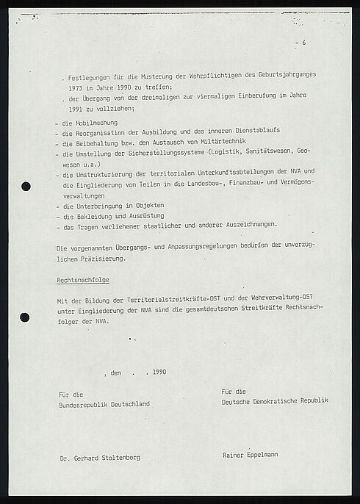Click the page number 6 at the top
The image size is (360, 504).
click(304, 43)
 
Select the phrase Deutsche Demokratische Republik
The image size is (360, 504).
click(274, 400)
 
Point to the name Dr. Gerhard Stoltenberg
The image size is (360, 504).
click(100, 457)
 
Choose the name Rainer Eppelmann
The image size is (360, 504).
click(250, 455)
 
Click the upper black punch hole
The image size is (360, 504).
click(26, 187)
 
